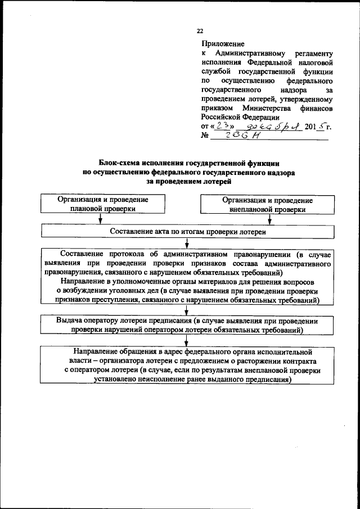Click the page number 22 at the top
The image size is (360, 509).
click(x=200, y=30)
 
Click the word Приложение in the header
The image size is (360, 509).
click(x=220, y=43)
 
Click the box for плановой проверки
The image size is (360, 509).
click(x=103, y=204)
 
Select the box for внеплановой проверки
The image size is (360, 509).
click(x=268, y=204)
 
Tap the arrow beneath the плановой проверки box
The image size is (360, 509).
click(x=100, y=220)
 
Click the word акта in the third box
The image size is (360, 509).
click(x=159, y=232)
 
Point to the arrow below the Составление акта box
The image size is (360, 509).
click(x=185, y=244)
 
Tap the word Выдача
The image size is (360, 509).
click(x=69, y=320)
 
